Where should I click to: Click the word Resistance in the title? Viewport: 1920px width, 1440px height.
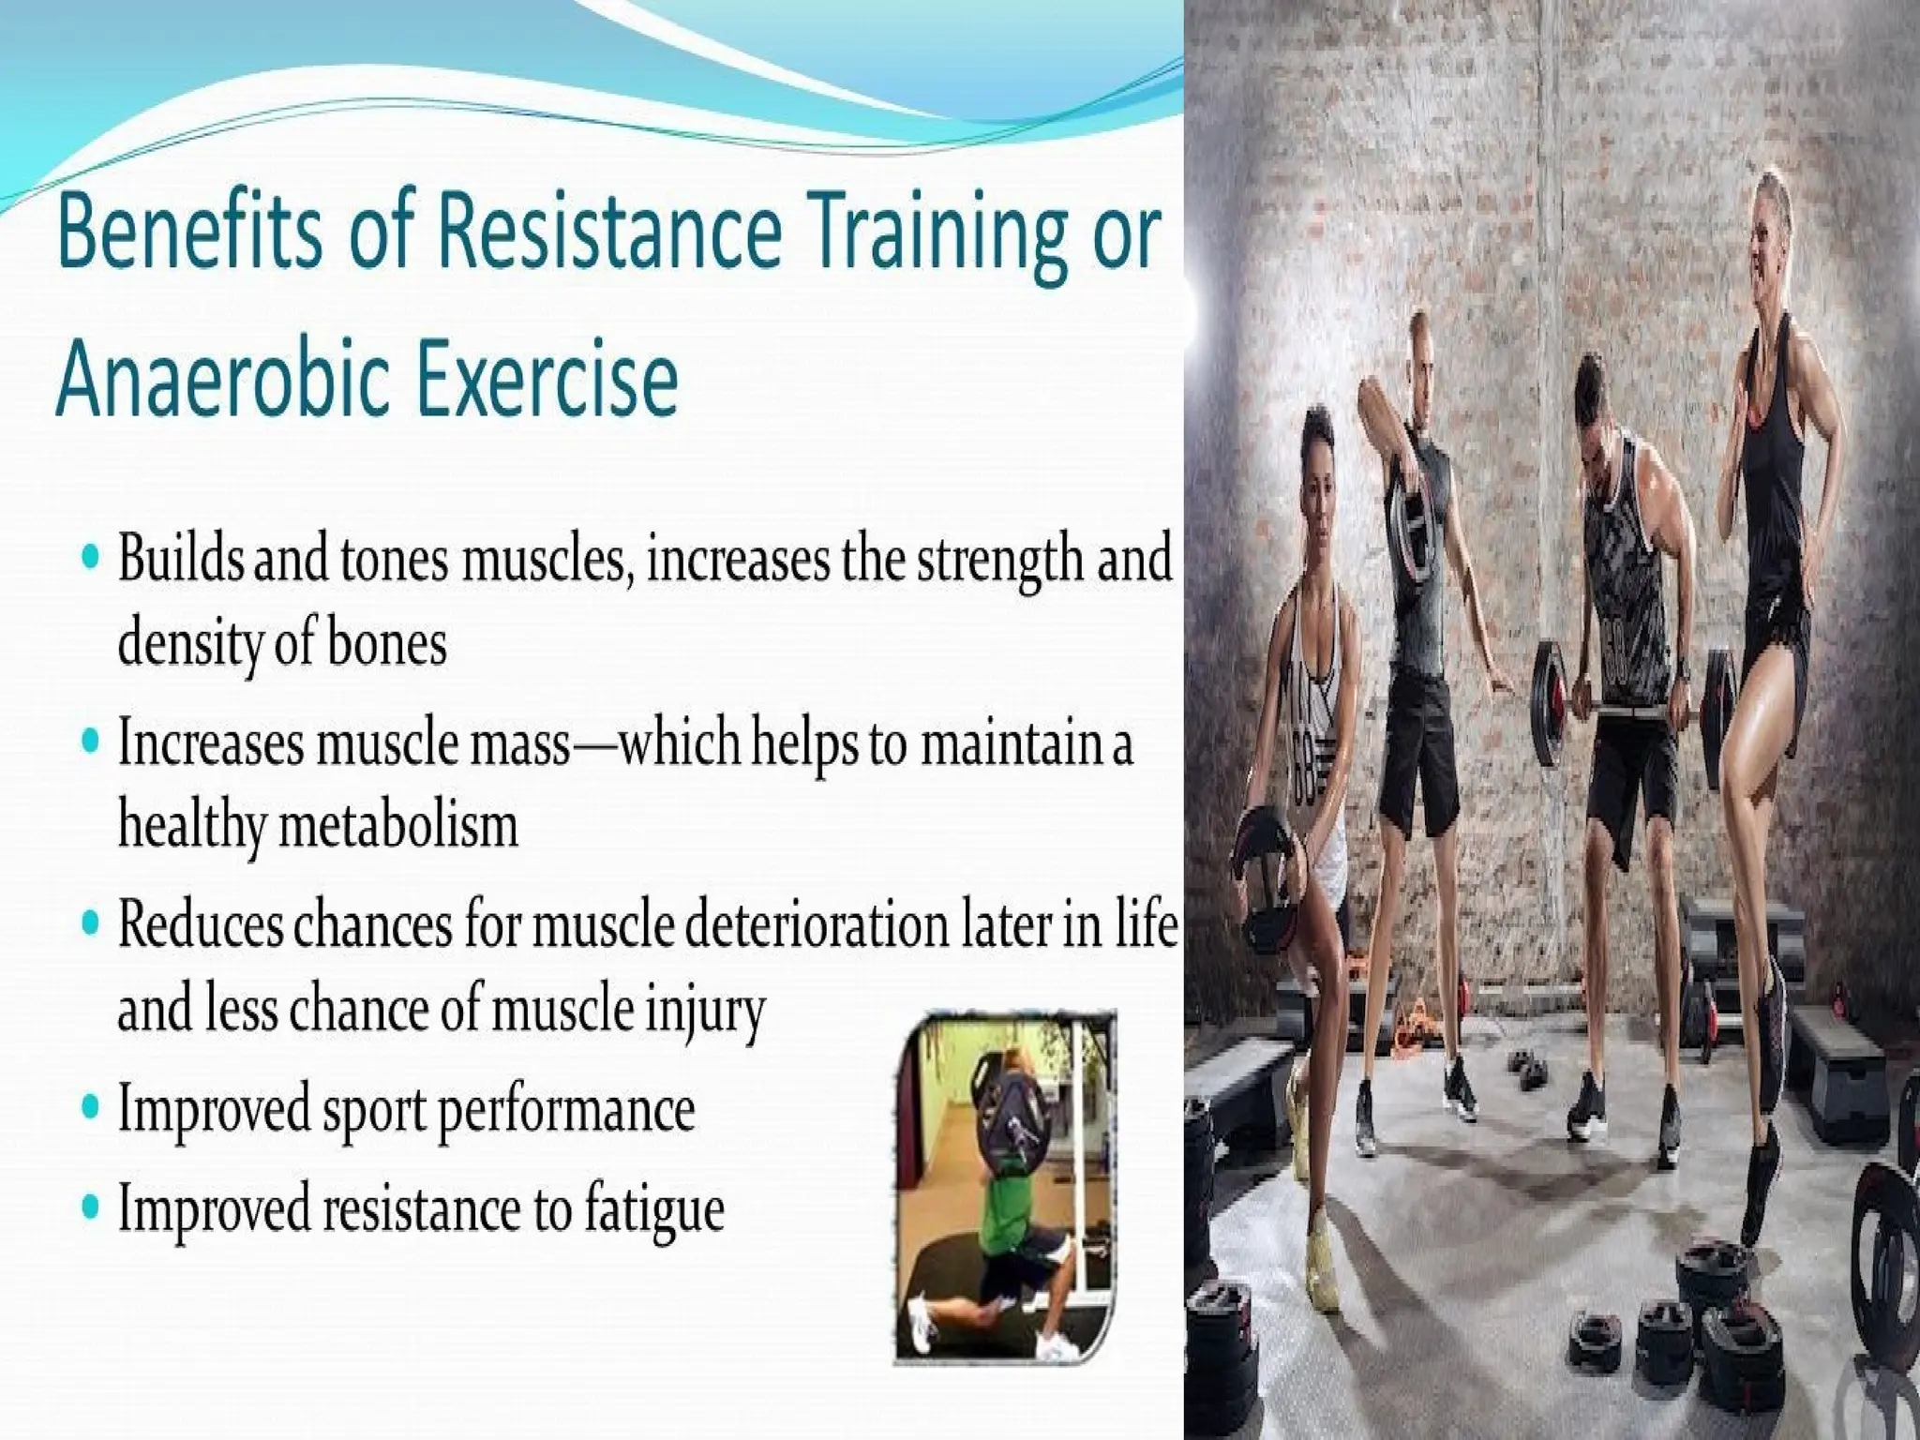coord(607,234)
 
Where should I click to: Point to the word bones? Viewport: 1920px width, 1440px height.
coord(387,644)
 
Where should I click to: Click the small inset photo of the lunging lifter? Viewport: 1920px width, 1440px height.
coord(1005,1185)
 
